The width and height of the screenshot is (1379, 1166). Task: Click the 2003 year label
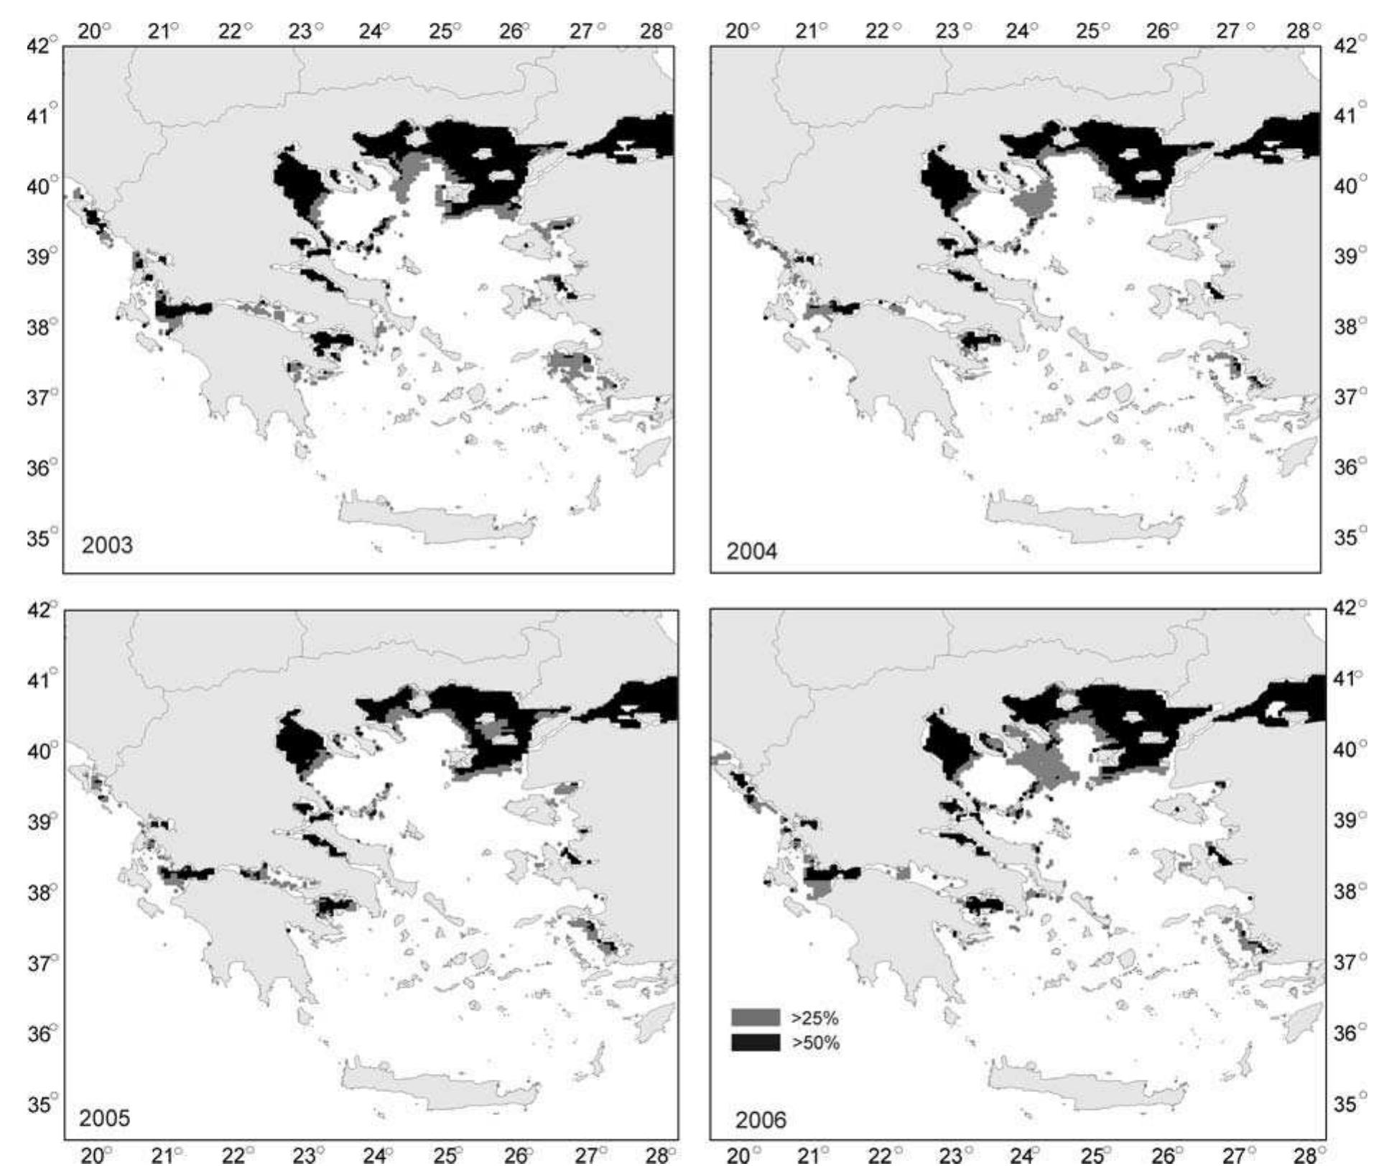click(x=107, y=545)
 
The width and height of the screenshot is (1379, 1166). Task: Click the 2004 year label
click(x=751, y=552)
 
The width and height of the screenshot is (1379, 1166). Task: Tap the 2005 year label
click(x=105, y=1119)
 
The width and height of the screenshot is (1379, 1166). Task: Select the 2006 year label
click(x=761, y=1120)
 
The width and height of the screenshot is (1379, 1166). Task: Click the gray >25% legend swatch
click(x=755, y=1017)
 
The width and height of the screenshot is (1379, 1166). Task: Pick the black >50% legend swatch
click(x=755, y=1042)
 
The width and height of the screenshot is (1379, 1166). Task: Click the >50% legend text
click(x=814, y=1042)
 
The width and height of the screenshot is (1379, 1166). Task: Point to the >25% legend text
click(x=814, y=1018)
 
